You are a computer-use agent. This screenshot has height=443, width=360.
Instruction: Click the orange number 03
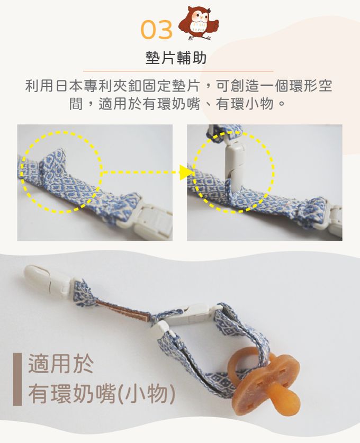coord(156,30)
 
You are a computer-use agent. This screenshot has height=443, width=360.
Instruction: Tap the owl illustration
coord(199,23)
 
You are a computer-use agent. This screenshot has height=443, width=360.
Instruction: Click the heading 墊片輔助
coord(176,58)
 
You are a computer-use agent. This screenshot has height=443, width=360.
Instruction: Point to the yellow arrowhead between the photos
coord(186,172)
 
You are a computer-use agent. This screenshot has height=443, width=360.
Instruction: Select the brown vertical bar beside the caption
coord(17,379)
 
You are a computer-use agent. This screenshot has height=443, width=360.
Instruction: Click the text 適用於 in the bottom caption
coord(61,364)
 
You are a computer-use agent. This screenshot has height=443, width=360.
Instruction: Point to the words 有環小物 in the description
coord(245,104)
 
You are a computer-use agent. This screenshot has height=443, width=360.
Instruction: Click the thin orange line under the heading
coord(178,71)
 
